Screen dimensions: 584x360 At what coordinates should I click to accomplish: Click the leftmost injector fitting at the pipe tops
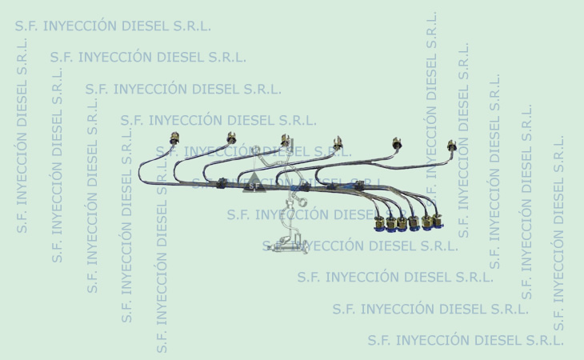(x=174, y=138)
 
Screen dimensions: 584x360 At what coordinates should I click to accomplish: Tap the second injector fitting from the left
(x=231, y=138)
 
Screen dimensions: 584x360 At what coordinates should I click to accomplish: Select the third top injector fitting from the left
(x=285, y=140)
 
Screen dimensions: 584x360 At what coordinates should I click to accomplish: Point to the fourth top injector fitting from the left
(x=338, y=143)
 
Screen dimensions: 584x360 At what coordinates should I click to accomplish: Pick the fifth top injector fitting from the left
(x=397, y=143)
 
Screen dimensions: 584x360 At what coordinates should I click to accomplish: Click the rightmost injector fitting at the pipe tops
(x=451, y=146)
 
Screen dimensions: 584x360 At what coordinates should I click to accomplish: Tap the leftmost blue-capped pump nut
(x=379, y=224)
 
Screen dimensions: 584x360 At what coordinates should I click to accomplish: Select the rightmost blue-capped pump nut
(x=438, y=221)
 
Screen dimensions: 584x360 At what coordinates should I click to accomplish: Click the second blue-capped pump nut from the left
(x=391, y=225)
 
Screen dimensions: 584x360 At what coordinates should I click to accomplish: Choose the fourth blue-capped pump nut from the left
(x=414, y=223)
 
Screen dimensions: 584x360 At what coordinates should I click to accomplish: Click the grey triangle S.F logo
(x=254, y=182)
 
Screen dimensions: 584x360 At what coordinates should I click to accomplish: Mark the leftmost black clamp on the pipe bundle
(x=222, y=182)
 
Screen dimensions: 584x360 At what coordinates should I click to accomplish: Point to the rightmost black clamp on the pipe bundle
(x=359, y=185)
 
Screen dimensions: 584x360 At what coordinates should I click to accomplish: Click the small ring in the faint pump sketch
(x=302, y=202)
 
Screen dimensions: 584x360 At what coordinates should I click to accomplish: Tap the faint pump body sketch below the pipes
(x=287, y=245)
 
